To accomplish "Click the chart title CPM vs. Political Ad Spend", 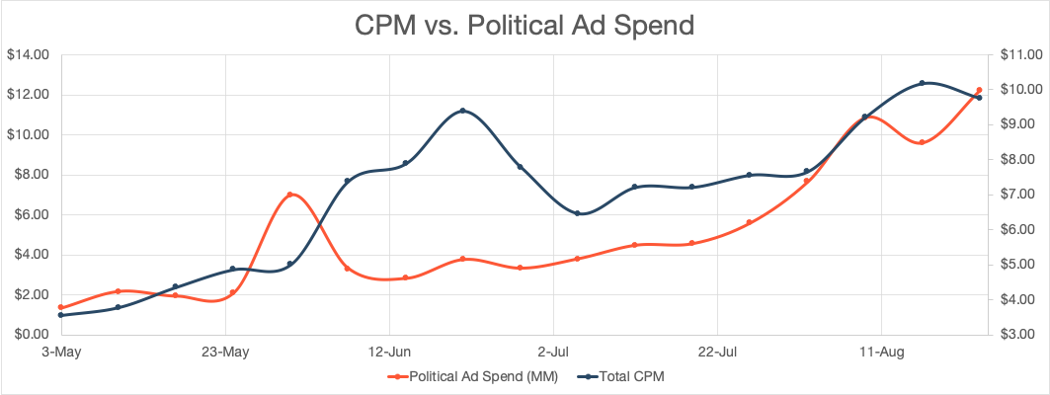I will [525, 25].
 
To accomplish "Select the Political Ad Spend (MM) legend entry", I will [475, 376].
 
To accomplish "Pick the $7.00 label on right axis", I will [1014, 195].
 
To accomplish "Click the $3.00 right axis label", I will [1014, 335].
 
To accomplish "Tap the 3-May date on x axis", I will [60, 351].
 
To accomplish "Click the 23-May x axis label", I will [224, 351].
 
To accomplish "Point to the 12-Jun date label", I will [389, 351].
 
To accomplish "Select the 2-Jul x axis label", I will [553, 351].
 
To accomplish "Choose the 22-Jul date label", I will [717, 351].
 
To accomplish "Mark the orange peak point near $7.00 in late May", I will [290, 195].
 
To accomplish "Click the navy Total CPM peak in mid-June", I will [463, 111].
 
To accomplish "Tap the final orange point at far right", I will [979, 90].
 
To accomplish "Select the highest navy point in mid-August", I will [922, 83].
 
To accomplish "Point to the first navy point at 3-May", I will [61, 315].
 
